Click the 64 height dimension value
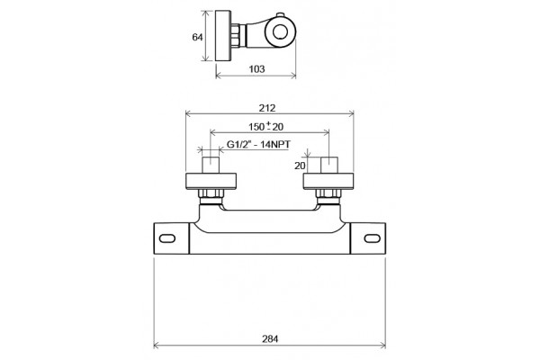click(197, 37)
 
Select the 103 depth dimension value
click(256, 69)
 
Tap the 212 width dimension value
click(267, 108)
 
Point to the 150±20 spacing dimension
click(265, 126)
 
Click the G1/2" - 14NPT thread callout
click(258, 144)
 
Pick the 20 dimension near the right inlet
click(300, 166)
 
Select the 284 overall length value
click(270, 339)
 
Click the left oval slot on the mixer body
click(167, 238)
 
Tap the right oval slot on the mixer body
click(373, 238)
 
